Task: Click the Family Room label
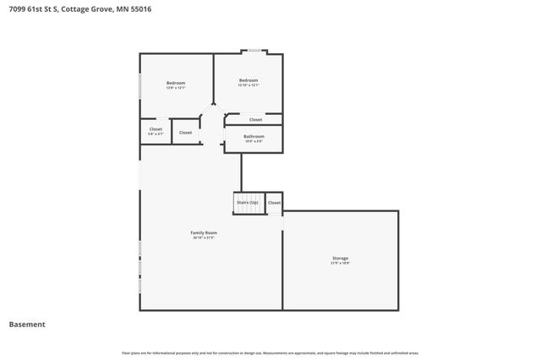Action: pos(205,232)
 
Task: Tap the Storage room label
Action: pos(340,258)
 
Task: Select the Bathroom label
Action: pos(254,136)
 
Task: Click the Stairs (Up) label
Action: pos(248,203)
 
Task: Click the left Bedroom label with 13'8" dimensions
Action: pos(175,82)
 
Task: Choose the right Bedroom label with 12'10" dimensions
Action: pos(248,80)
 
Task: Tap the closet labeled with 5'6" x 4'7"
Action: pos(156,131)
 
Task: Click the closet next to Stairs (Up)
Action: pos(274,203)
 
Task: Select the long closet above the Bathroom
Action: pos(255,120)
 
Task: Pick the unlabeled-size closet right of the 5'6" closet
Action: pos(185,133)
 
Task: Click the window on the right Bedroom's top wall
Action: pos(254,53)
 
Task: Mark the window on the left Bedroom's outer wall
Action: pos(140,90)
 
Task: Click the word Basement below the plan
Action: pos(27,325)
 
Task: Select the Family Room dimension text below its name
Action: pos(205,237)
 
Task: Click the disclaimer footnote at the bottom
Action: pos(270,352)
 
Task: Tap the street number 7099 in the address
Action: pos(17,10)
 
